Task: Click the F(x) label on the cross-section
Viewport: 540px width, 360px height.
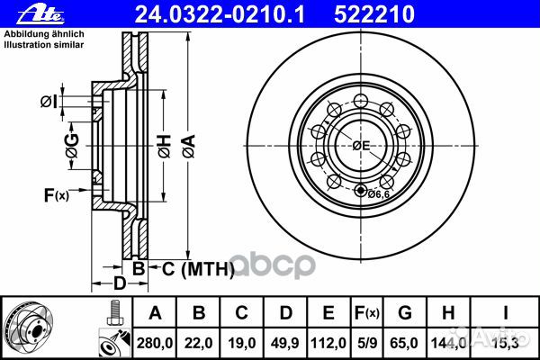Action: (x=56, y=194)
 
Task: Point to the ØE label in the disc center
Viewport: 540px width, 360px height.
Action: (x=362, y=145)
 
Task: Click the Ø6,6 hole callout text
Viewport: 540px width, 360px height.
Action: (x=381, y=191)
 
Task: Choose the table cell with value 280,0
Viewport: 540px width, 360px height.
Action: (x=154, y=340)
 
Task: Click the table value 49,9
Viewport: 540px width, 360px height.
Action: (x=284, y=340)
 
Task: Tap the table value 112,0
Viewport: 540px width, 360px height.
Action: (x=328, y=340)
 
